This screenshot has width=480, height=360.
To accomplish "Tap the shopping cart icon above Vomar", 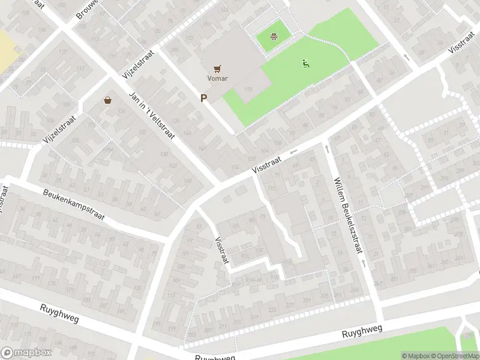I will [218, 69].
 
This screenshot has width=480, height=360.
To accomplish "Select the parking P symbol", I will [204, 98].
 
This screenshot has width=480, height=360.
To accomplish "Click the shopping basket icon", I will [108, 100].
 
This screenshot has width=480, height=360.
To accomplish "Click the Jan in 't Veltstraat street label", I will [152, 115].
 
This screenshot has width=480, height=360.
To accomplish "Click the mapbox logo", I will [25, 353].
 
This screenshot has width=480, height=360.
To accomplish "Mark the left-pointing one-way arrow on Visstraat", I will [294, 152].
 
